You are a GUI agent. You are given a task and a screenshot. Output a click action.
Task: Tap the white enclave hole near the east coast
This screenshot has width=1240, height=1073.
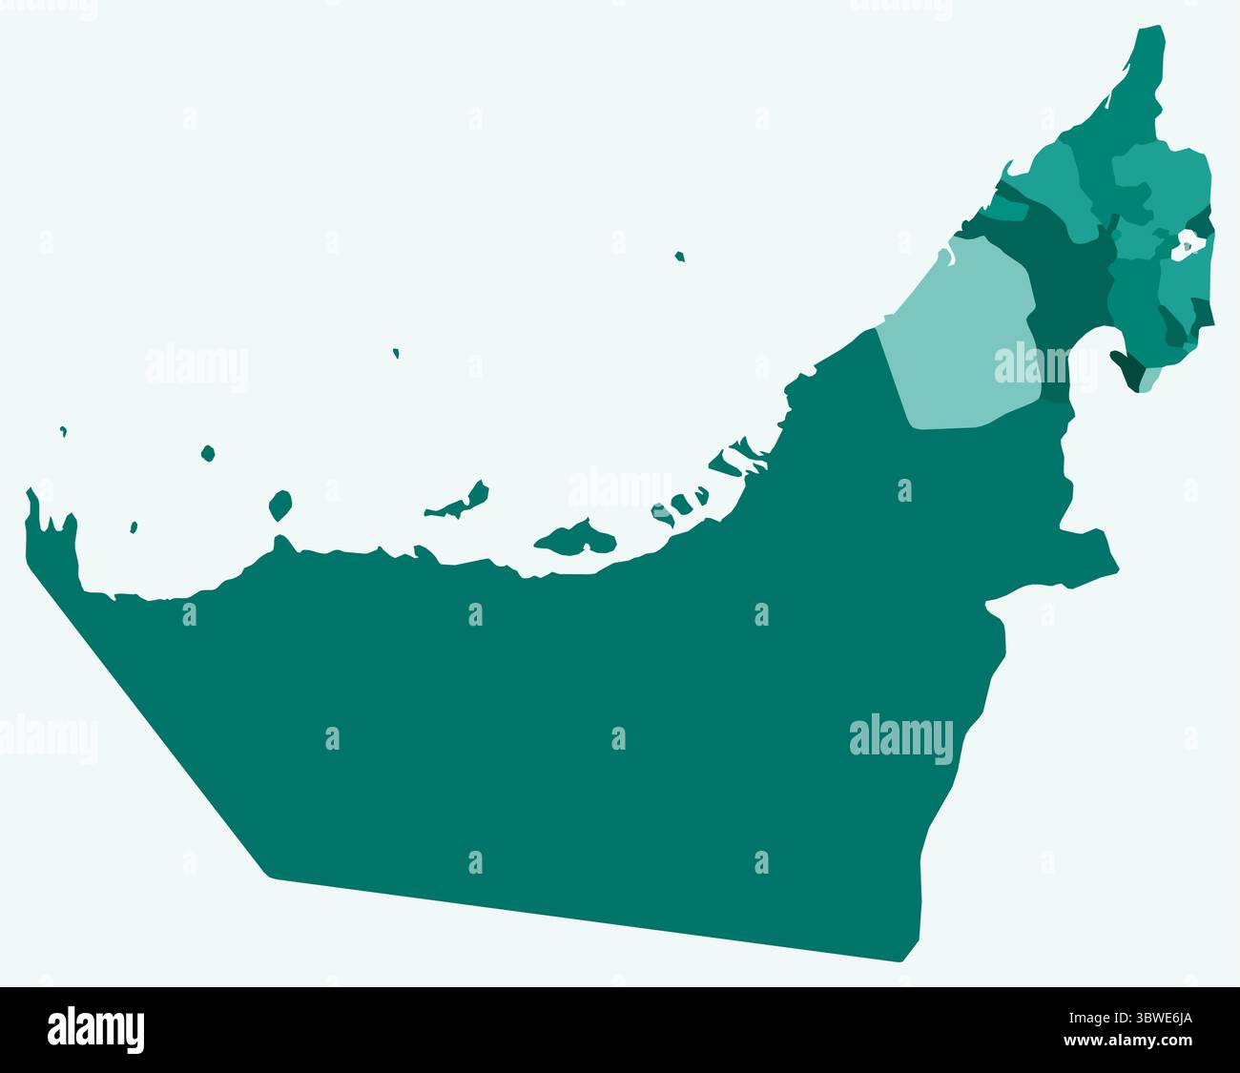[1185, 246]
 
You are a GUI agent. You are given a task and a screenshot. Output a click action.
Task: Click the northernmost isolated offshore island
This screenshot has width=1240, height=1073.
[679, 256]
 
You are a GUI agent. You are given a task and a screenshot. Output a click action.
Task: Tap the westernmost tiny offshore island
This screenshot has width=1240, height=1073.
[63, 431]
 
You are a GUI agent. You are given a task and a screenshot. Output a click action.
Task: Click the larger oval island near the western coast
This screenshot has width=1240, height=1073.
[279, 505]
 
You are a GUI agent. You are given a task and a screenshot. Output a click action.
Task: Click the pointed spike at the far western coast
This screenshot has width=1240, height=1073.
[31, 496]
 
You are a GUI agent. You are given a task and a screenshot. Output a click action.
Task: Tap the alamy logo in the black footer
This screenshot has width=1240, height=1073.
[95, 1029]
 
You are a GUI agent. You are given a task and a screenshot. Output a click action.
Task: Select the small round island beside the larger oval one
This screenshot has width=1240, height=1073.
[208, 453]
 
